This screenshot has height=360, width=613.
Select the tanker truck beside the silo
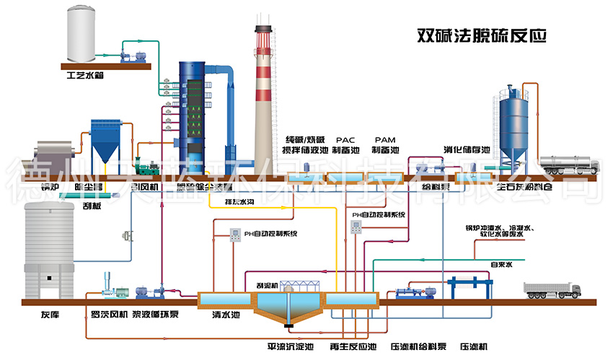point(569,165)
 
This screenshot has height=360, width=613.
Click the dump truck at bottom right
point(553,290)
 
